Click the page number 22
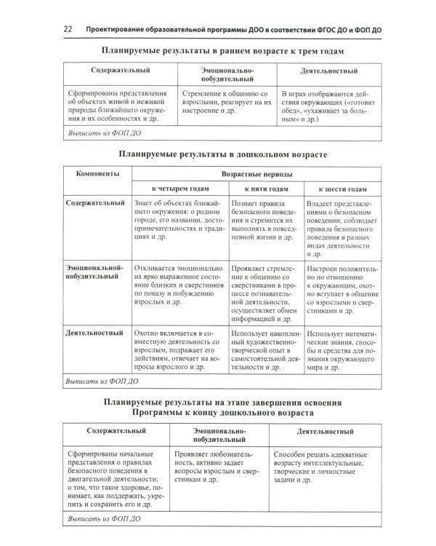67,28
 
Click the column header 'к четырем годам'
179,189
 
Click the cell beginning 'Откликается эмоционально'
179,284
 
